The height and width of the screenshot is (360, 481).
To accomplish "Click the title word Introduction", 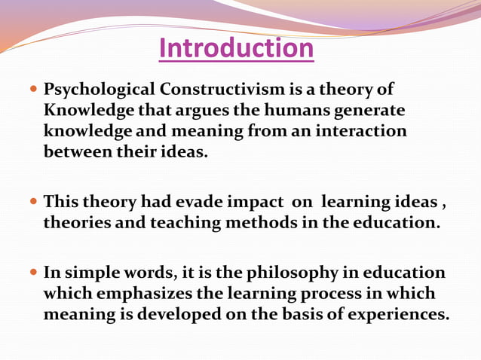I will [237, 49].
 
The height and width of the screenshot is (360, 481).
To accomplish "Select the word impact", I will [259, 203].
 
